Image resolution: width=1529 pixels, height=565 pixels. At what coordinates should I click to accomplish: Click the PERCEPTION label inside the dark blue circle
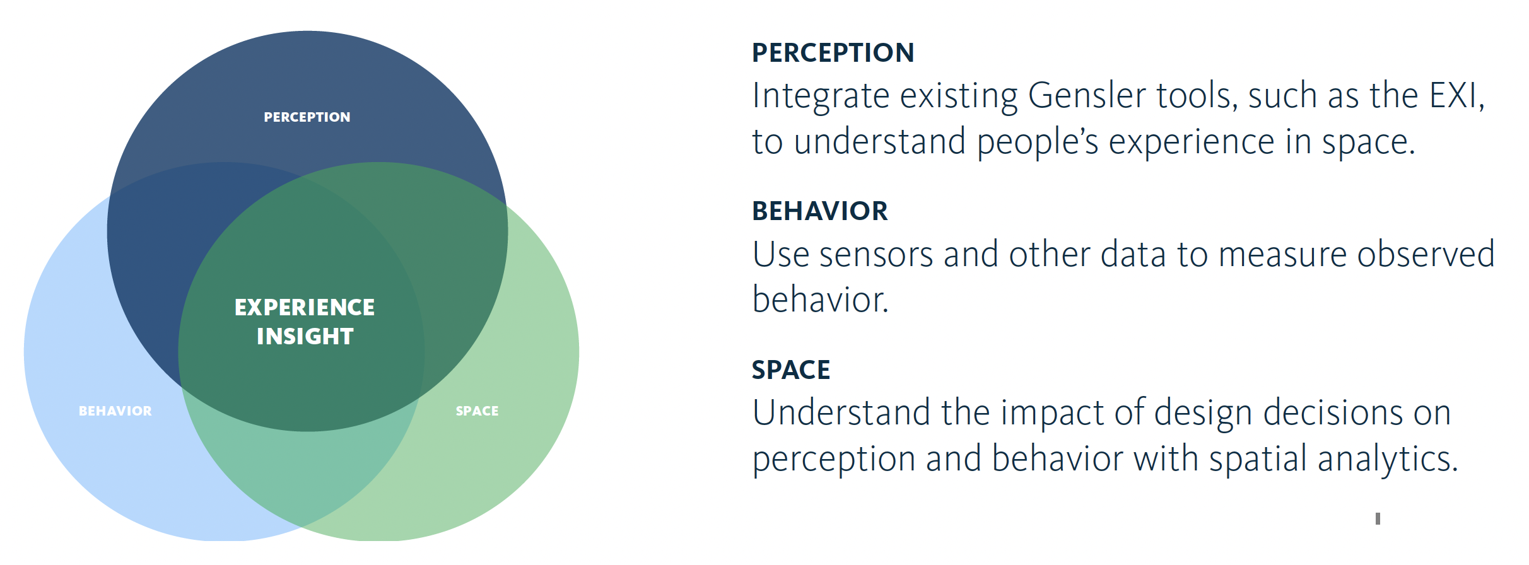click(307, 117)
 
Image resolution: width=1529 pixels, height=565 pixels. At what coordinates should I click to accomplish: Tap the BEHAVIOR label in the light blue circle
click(115, 411)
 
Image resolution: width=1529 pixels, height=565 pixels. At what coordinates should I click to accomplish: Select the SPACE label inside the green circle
click(477, 411)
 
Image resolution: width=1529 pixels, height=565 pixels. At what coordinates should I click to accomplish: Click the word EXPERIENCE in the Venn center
click(305, 308)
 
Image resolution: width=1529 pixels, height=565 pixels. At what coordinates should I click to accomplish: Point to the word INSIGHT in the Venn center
click(305, 337)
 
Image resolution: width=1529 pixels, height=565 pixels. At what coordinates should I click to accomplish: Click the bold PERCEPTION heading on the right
click(833, 53)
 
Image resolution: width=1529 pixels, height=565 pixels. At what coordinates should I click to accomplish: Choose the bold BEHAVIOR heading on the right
click(820, 211)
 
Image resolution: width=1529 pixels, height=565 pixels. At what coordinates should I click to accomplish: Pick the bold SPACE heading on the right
click(791, 370)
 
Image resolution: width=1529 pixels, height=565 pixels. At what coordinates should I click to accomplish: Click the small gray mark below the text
click(1378, 519)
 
